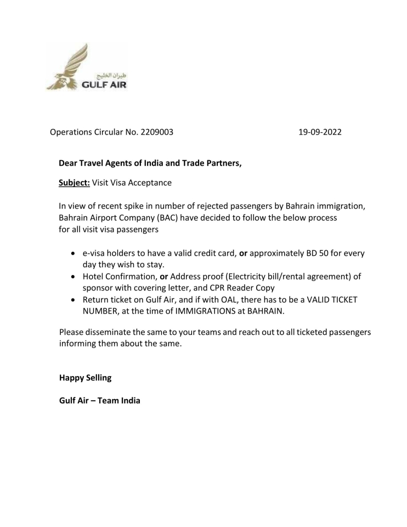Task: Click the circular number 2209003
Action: [x=157, y=132]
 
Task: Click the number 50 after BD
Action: [x=327, y=254]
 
